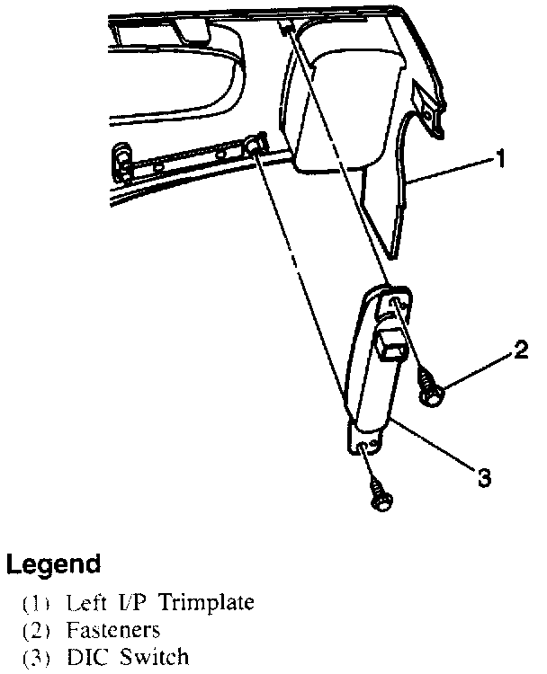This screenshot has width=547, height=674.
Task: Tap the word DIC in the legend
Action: tap(87, 657)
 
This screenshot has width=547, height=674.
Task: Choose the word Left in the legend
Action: tap(87, 601)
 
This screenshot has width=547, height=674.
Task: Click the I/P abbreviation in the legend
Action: tap(130, 601)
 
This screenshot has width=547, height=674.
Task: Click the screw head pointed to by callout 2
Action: tap(429, 392)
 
